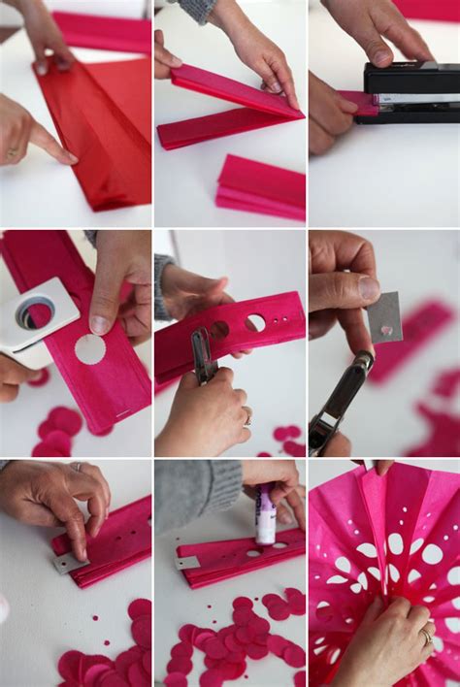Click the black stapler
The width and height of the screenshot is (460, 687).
pos(408,93)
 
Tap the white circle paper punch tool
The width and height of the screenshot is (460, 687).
pos(36,315)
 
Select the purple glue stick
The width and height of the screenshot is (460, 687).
pos(265,516)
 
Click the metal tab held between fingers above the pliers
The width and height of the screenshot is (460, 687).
pos(384,318)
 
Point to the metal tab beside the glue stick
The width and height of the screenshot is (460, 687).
pos(187,562)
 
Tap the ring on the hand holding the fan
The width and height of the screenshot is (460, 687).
pos(426,637)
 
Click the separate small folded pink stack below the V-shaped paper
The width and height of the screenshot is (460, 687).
pos(261,187)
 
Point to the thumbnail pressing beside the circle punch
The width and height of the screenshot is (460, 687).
pos(100,324)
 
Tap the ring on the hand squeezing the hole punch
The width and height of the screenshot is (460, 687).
pos(247,419)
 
